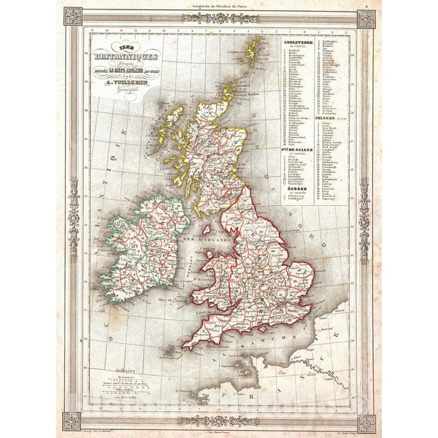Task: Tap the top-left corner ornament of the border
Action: coord(72,18)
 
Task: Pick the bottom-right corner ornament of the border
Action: coord(366,421)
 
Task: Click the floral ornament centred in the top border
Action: coord(219,18)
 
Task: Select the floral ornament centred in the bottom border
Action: coord(219,420)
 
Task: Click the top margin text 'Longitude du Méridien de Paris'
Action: coord(219,6)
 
